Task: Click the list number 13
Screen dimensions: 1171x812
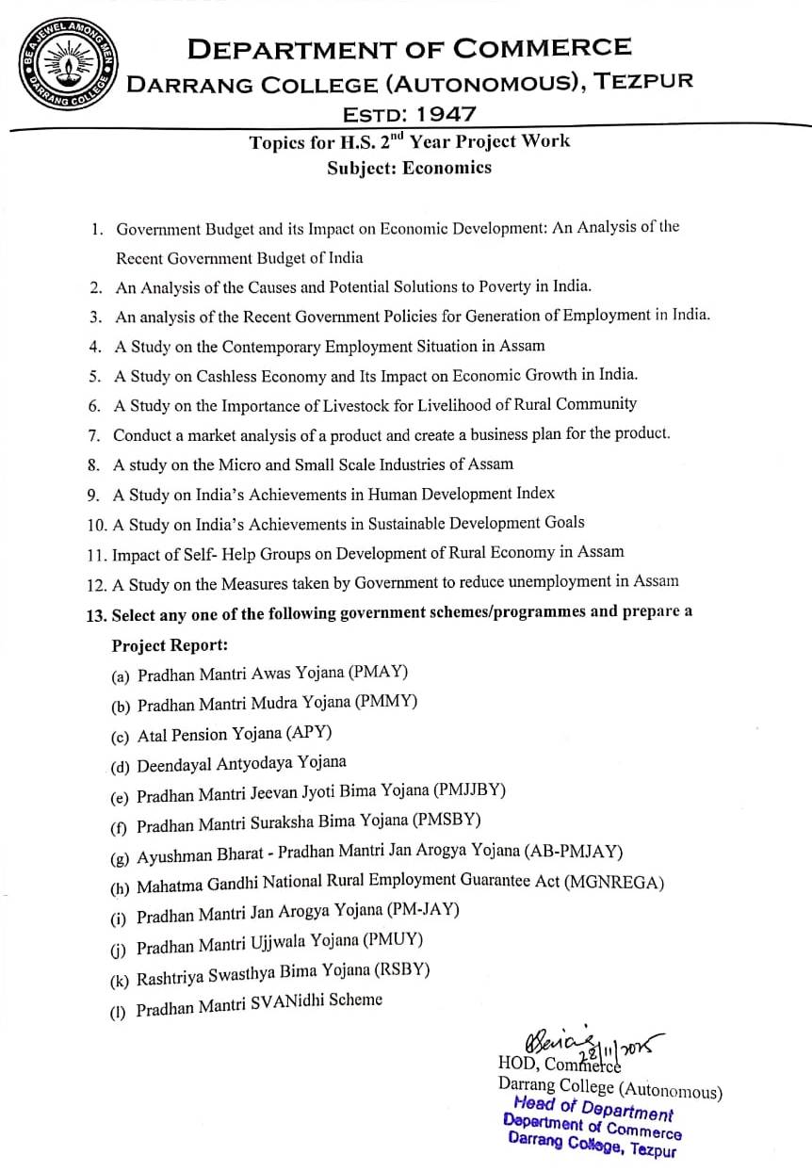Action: (x=95, y=615)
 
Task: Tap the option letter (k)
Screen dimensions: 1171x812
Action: (x=120, y=981)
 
